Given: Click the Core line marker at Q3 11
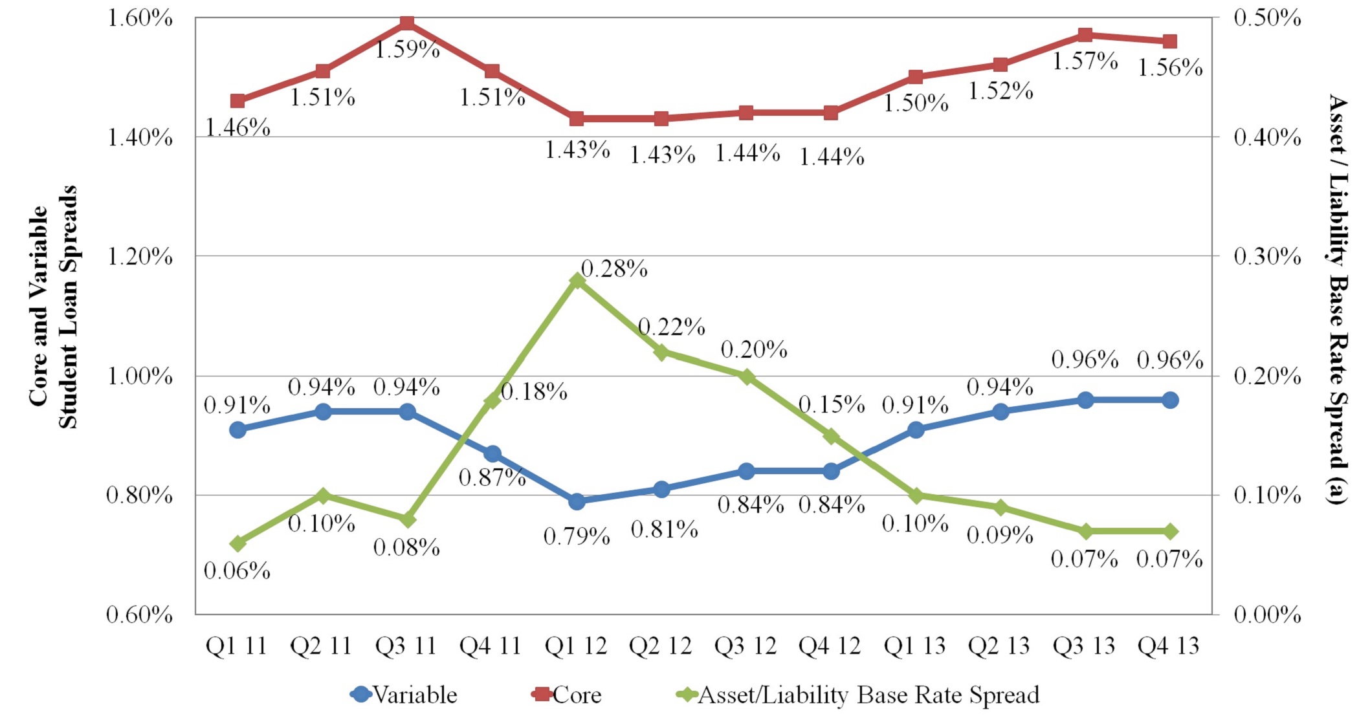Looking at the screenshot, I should (x=407, y=24).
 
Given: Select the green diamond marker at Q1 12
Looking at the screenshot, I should (x=577, y=280).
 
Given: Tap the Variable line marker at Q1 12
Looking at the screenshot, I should (x=577, y=501).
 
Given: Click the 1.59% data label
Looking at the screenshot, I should (x=408, y=50).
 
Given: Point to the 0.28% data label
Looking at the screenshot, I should (x=614, y=268).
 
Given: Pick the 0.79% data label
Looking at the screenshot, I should (x=577, y=536).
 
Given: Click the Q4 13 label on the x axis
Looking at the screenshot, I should (x=1168, y=646).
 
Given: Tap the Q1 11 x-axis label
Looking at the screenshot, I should (x=236, y=646).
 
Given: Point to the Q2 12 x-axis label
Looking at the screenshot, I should (x=661, y=646).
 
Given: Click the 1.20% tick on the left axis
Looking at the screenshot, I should (x=139, y=257).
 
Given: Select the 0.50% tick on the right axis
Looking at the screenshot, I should (x=1267, y=18).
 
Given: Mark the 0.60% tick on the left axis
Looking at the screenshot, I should (x=139, y=615).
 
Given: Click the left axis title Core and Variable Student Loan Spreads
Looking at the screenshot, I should (x=53, y=307).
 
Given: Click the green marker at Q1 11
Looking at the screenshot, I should (x=238, y=543).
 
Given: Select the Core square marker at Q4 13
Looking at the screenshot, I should (x=1169, y=42).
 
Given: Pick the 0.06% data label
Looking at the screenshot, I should (x=237, y=571).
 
